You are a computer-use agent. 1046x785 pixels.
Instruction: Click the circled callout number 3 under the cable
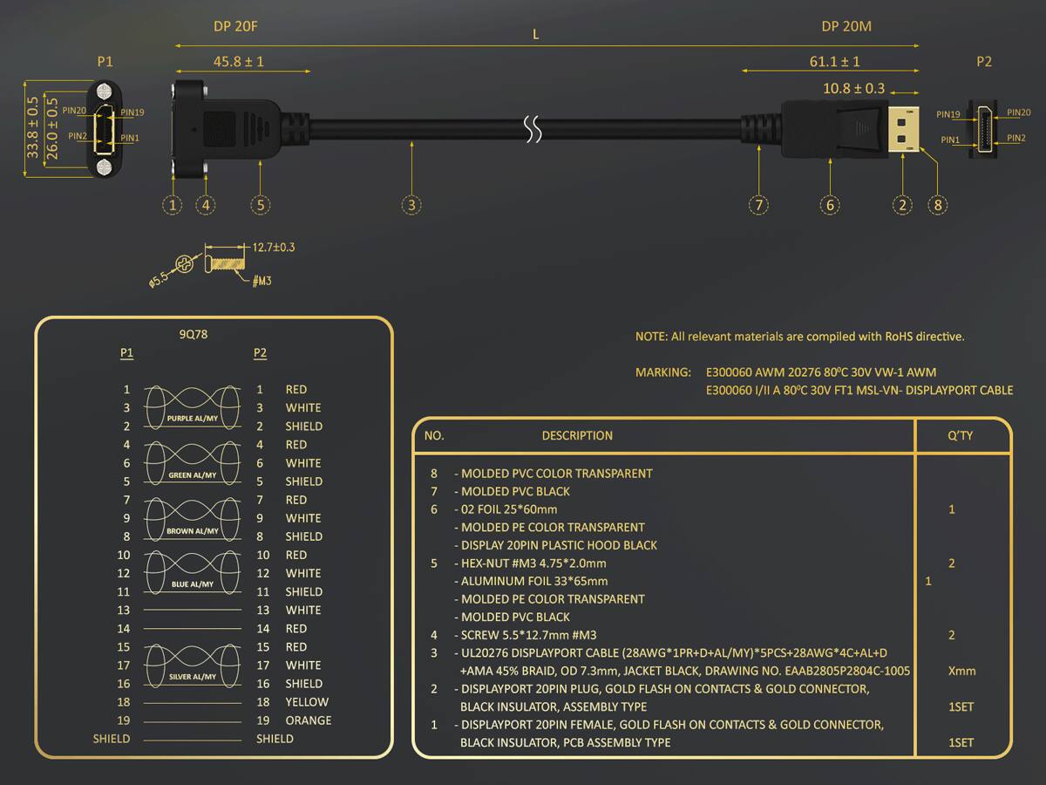point(411,205)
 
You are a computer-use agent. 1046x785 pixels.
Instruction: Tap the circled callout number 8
point(938,205)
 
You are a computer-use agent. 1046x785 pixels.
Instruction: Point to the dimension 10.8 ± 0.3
point(853,88)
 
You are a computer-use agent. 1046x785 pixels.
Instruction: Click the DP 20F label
point(235,27)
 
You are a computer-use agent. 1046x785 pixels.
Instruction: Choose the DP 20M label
point(846,27)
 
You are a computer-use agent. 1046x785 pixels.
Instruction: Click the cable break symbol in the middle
point(532,130)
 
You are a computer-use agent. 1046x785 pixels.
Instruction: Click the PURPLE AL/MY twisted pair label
point(192,420)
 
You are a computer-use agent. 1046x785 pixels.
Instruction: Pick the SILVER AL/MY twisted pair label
point(192,676)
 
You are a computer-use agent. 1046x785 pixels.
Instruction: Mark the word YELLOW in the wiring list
point(307,702)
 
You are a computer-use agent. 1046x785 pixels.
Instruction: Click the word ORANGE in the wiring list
point(308,720)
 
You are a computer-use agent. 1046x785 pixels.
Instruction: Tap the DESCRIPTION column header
point(577,435)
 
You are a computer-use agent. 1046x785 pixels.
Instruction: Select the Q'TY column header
point(960,435)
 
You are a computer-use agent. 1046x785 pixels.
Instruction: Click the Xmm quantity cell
point(961,671)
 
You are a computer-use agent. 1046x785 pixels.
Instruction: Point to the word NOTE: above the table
point(651,336)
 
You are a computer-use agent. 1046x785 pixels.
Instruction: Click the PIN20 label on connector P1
point(74,111)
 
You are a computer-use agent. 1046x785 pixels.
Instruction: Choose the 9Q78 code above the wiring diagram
point(194,334)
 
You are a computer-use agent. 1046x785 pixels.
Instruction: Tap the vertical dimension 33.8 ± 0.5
point(32,127)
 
